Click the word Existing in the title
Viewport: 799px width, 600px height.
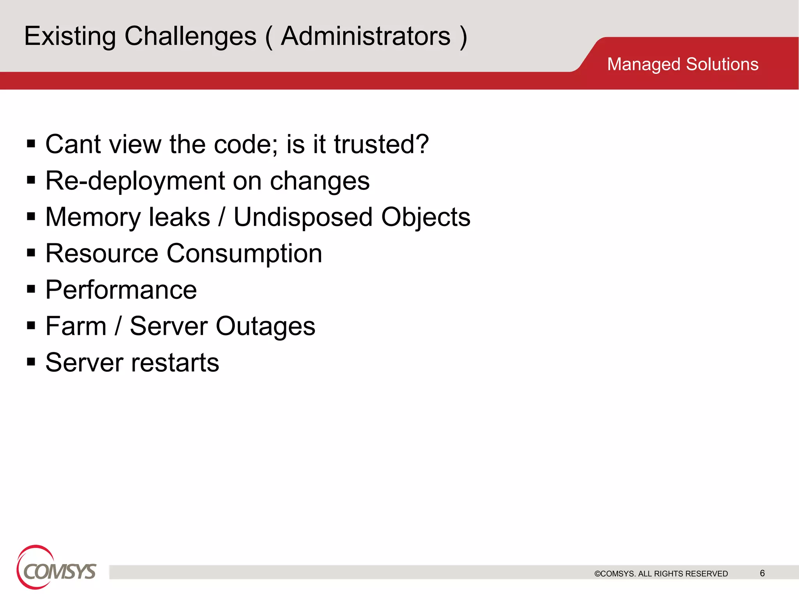coord(70,36)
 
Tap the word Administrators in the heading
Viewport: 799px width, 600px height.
coord(366,36)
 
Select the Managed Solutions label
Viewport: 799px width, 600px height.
coord(682,64)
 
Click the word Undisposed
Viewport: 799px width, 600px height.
coord(303,217)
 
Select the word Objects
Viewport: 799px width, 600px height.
coord(426,217)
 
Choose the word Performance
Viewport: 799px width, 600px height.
coord(121,290)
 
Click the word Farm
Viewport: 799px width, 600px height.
coord(76,326)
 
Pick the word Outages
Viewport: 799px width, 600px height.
coord(265,326)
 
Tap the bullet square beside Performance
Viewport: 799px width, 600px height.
coord(31,289)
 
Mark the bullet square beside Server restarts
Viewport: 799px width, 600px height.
coord(31,362)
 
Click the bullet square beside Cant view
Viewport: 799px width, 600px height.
coord(31,144)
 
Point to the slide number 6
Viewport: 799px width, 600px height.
coord(762,573)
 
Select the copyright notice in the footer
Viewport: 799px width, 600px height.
coord(661,573)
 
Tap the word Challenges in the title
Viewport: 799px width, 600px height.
coord(190,36)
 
